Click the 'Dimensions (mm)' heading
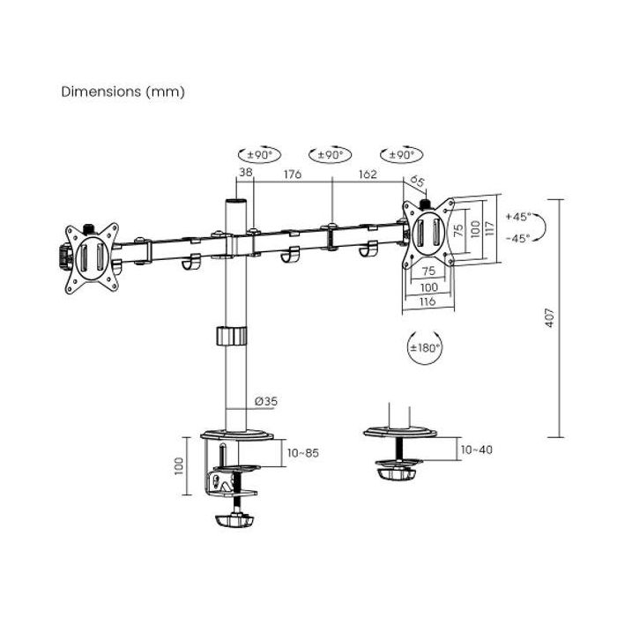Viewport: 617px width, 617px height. (123, 92)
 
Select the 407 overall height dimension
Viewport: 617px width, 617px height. (547, 318)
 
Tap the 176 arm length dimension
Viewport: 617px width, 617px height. (292, 175)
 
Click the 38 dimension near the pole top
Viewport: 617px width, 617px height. (246, 175)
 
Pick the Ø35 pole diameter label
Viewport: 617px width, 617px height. (265, 401)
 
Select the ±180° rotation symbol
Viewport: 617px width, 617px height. (425, 347)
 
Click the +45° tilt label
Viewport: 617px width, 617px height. (517, 217)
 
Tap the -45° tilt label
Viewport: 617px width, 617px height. (517, 239)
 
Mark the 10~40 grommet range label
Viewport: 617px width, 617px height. (476, 450)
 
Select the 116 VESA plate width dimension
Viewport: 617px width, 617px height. (428, 302)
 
